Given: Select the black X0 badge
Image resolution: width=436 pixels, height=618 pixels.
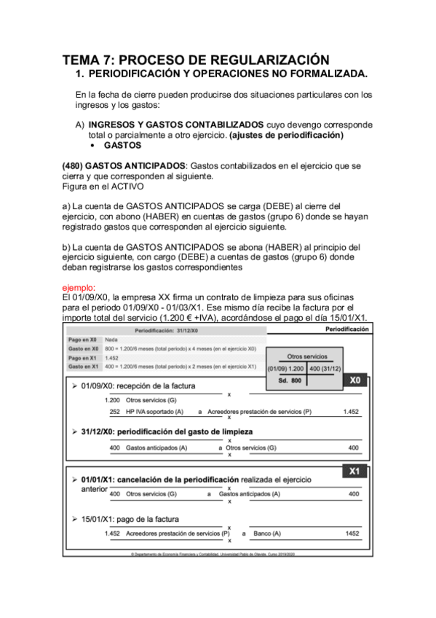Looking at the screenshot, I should (354, 380).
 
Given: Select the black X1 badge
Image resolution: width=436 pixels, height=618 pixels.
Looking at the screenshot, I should (354, 472).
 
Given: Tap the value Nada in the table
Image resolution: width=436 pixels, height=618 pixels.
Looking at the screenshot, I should (111, 340).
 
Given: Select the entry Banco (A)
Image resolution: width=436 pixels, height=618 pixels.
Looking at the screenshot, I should (269, 533).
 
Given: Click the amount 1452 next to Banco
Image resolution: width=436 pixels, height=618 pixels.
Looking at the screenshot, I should (352, 533).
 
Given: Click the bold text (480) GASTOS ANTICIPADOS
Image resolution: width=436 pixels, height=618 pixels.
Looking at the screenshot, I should (124, 165).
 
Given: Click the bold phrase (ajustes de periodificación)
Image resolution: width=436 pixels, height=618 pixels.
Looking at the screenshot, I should (286, 135).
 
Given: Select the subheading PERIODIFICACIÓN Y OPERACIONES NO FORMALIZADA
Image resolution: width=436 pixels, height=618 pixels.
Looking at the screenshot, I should (227, 74).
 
